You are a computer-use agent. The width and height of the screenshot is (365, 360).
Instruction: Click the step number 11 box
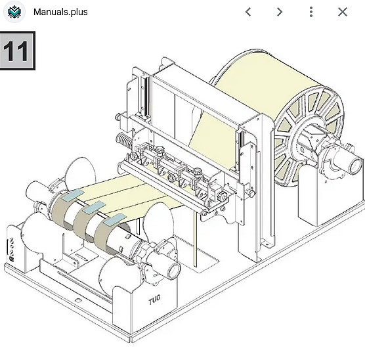point(18,51)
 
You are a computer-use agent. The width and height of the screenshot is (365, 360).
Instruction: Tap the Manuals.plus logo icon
point(14,12)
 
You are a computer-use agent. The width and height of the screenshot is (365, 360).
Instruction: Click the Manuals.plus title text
point(60,12)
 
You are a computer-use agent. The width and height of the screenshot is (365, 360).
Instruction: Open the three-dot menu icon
point(311,12)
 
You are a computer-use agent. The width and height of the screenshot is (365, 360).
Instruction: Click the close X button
point(343,12)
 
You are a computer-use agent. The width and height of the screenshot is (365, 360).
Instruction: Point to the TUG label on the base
point(154,300)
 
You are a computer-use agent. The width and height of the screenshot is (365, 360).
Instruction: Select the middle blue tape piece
point(95,207)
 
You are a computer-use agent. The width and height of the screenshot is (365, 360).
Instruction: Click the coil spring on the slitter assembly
point(124,141)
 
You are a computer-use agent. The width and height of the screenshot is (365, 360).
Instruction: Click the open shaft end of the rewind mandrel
point(174,271)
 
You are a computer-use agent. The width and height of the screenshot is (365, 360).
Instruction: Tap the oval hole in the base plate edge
point(78,300)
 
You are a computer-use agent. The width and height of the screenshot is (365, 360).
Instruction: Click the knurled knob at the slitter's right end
point(222,197)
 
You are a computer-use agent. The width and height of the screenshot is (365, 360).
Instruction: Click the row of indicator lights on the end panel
point(12,247)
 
